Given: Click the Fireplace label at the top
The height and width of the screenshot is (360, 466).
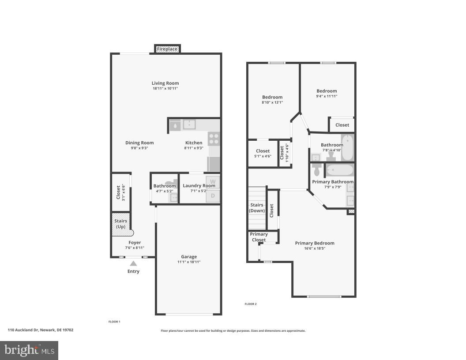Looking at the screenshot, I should (167, 49).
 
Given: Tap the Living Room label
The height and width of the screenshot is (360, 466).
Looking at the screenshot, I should (165, 83).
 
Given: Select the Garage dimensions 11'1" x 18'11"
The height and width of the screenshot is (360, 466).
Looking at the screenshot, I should (189, 262).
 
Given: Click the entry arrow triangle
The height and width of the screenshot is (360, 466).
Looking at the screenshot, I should (133, 263).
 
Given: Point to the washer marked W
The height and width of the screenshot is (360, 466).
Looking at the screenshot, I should (213, 181).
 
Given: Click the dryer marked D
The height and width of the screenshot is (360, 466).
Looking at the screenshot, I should (213, 195).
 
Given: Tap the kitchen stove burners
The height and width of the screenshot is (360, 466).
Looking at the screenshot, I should (214, 139).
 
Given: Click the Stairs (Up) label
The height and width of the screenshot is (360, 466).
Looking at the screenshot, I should (121, 224).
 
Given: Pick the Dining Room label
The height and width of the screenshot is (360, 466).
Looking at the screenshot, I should (139, 142).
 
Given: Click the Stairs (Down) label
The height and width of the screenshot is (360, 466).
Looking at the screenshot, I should (257, 208).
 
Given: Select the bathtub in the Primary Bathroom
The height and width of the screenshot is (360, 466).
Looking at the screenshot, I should (339, 170).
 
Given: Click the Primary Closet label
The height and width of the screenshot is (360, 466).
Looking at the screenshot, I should (259, 237).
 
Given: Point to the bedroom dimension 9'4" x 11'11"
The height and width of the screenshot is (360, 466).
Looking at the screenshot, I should (327, 96).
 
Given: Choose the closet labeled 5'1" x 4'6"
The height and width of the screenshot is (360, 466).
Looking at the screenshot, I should (263, 154).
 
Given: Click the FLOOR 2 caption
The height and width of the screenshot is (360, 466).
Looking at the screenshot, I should (250, 304).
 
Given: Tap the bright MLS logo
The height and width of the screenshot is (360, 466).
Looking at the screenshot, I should (29, 350).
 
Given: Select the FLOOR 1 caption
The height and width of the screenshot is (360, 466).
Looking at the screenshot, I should (114, 322).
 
